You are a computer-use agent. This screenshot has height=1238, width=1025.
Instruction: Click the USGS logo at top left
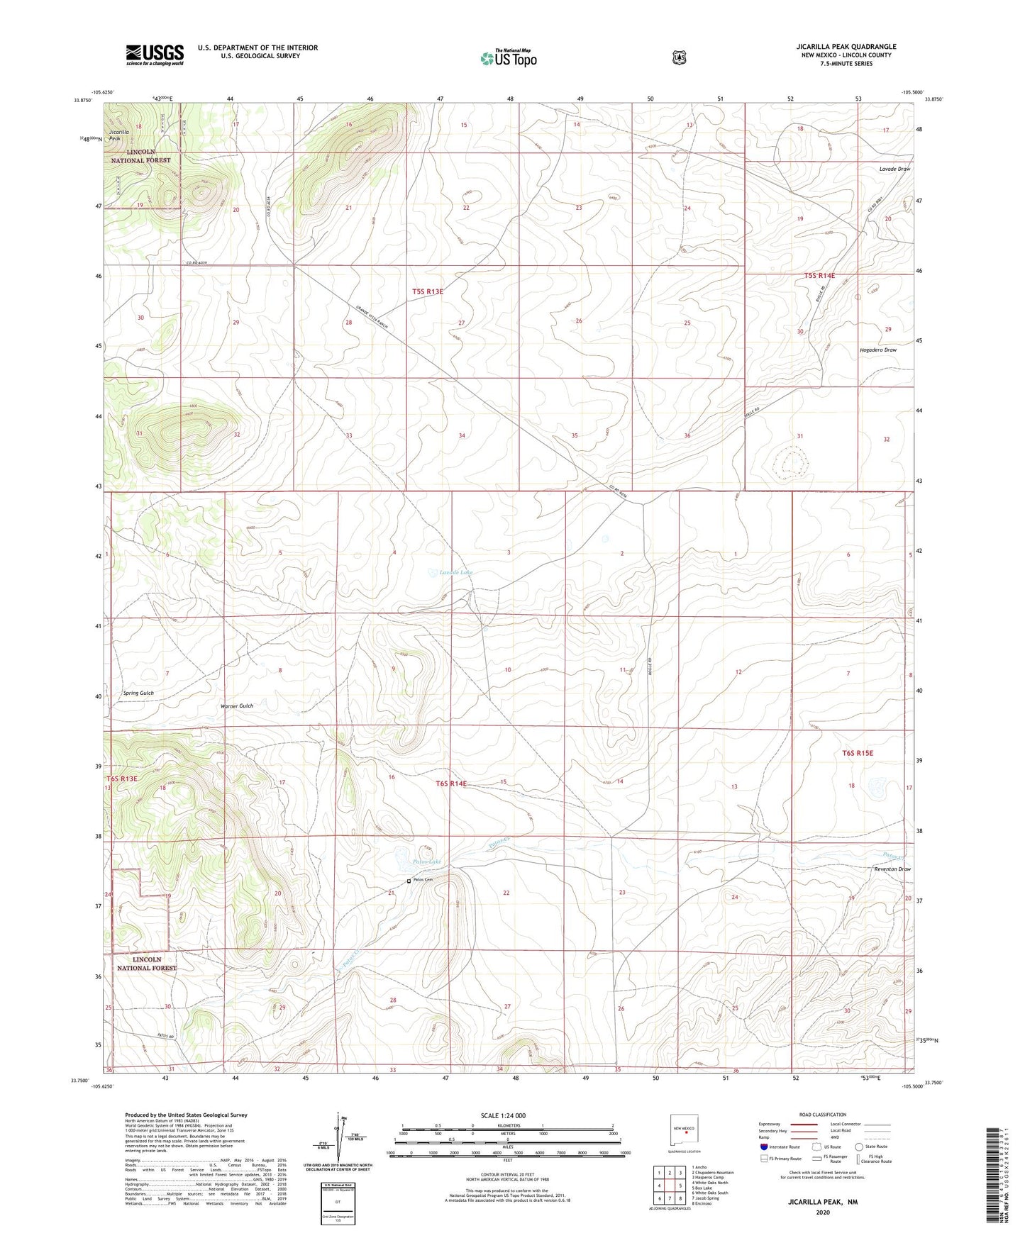155,55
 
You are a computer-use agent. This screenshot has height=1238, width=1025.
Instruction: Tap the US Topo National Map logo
507,57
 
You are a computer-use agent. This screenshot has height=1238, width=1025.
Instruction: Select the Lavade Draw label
894,169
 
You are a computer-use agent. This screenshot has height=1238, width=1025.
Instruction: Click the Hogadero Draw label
877,350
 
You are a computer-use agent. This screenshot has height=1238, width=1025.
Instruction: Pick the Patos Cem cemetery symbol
409,881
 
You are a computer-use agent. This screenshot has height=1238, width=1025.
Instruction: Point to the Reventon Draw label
892,869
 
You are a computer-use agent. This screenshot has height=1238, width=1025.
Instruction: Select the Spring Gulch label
138,693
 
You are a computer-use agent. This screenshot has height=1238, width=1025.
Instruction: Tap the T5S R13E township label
428,291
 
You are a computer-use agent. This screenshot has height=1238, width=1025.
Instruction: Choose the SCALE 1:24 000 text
503,1115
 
